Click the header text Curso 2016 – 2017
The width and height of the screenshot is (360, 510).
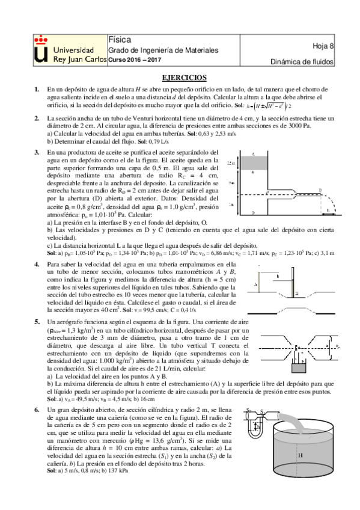click(135, 60)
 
